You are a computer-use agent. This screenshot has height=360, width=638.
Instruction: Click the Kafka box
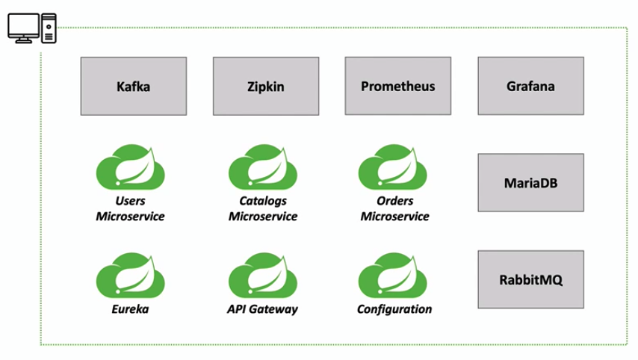(133, 86)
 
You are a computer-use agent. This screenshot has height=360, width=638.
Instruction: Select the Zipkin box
(265, 86)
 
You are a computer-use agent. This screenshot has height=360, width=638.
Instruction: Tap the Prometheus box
(397, 85)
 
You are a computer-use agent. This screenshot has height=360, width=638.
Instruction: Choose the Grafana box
(530, 86)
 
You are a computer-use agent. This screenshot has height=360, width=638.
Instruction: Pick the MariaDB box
(530, 181)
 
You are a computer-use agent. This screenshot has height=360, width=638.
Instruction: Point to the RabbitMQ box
(530, 279)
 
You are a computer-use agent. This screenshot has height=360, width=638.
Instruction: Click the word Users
(130, 201)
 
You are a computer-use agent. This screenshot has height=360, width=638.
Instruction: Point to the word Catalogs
(262, 201)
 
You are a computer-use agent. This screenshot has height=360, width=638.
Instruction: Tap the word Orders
(394, 201)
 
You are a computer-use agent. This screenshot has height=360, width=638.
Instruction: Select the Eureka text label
(130, 309)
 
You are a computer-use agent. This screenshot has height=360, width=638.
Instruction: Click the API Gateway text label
(262, 309)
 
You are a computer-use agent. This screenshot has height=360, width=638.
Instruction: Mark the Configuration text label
(394, 309)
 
